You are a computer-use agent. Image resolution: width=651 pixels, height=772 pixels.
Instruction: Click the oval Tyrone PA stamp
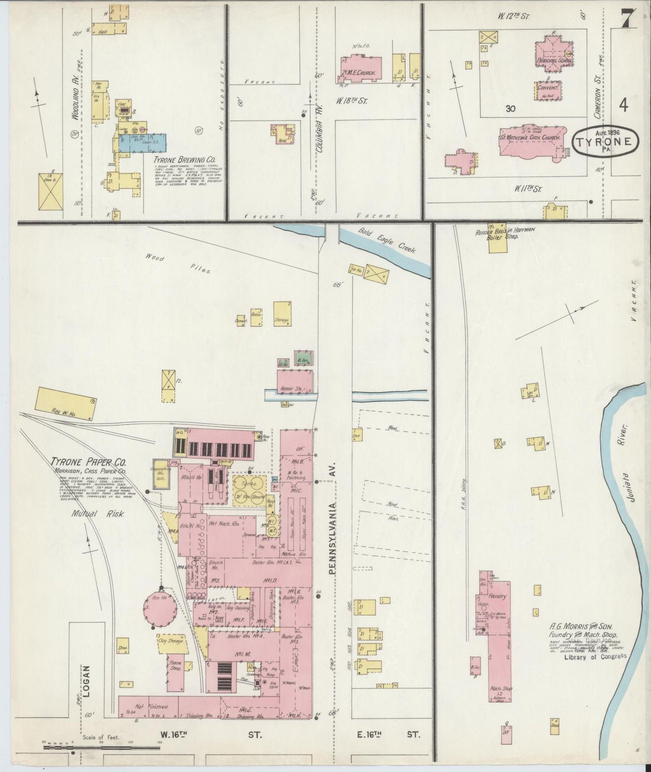605,142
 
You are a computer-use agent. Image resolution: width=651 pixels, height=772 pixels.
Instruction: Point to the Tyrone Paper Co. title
88,462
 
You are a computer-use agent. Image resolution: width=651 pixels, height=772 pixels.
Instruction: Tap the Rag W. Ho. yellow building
64,404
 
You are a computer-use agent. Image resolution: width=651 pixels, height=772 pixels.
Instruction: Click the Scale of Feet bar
101,747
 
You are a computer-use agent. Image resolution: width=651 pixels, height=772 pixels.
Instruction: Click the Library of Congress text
595,656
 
